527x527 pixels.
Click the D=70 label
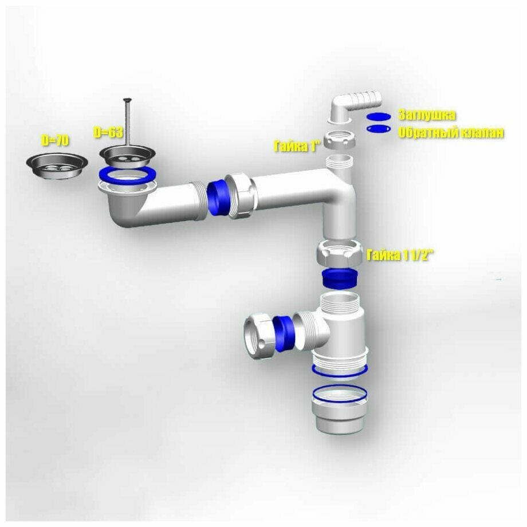55,140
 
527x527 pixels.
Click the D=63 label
108,132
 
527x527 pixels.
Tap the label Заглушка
427,115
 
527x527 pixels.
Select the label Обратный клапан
451,132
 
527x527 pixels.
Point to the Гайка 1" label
296,147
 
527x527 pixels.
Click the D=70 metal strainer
57,166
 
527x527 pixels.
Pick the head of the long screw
128,100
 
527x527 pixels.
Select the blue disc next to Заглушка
379,117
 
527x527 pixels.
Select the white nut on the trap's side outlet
259,337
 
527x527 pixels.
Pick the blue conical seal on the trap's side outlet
284,334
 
